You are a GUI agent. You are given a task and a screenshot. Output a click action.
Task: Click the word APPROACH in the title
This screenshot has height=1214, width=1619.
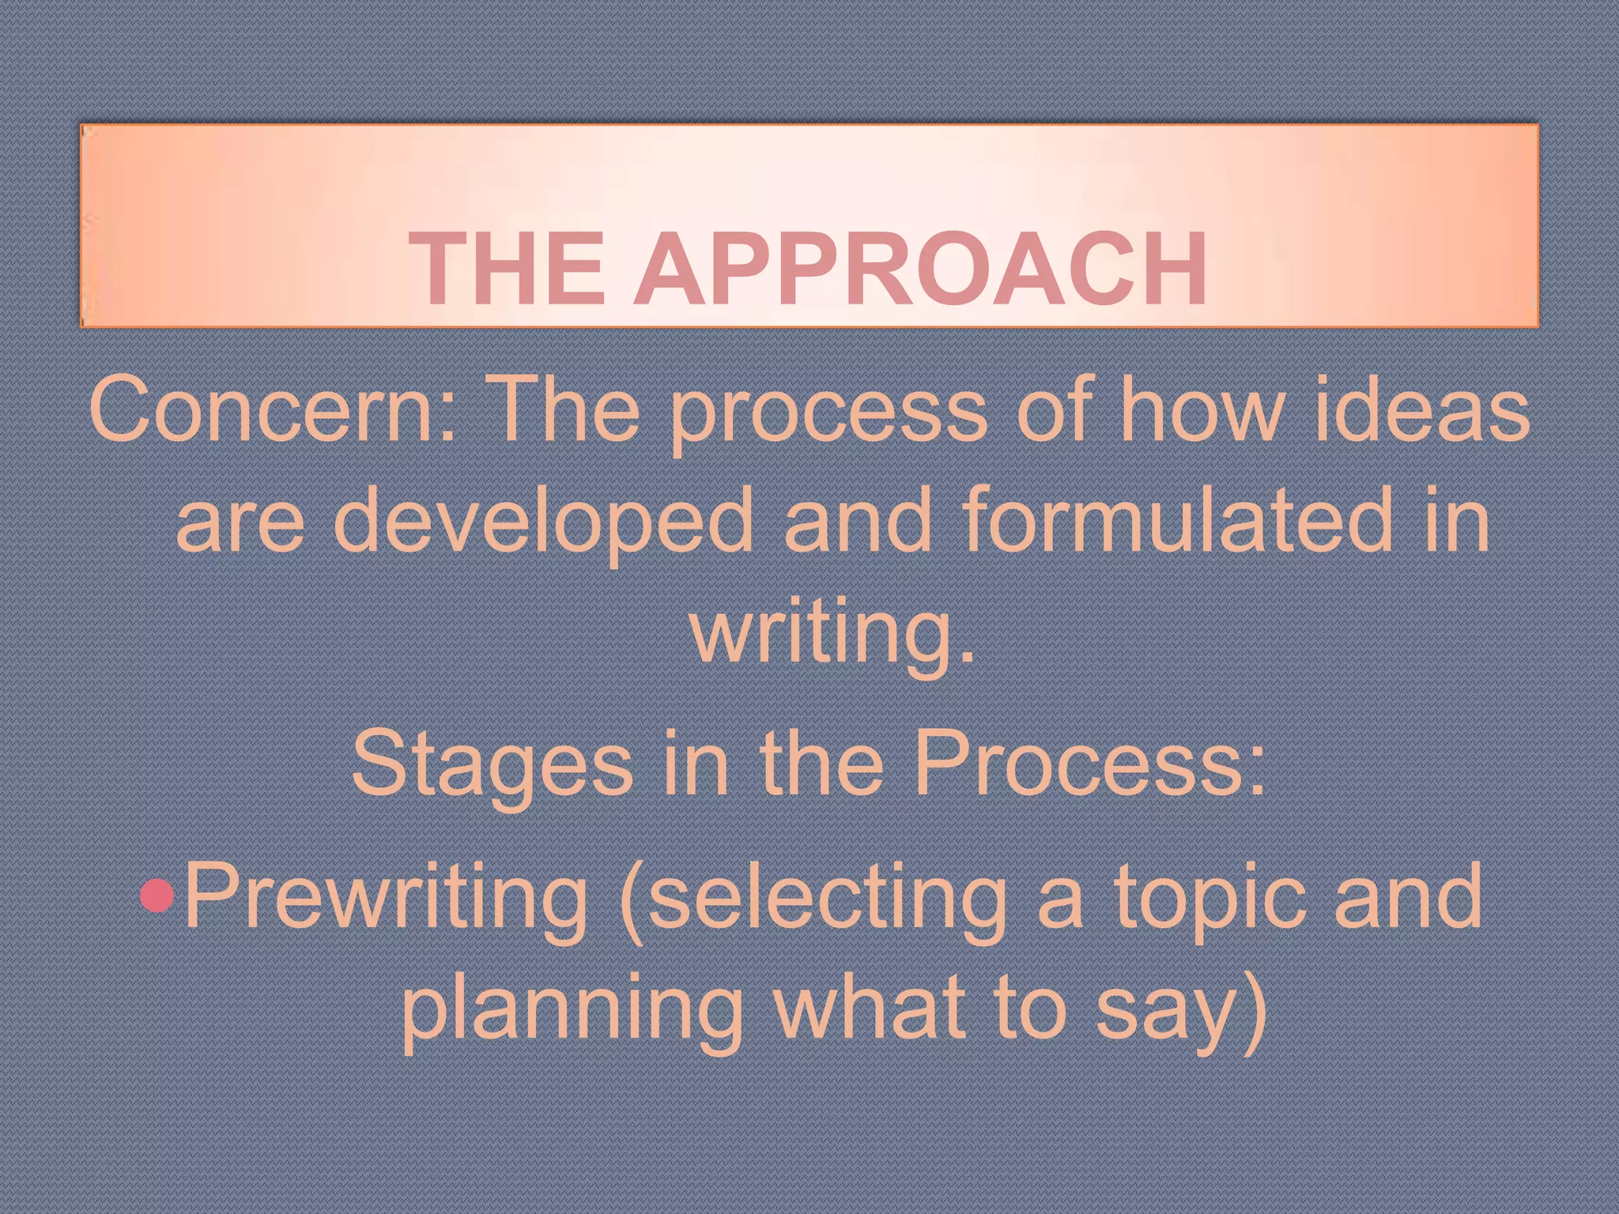click(x=920, y=269)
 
